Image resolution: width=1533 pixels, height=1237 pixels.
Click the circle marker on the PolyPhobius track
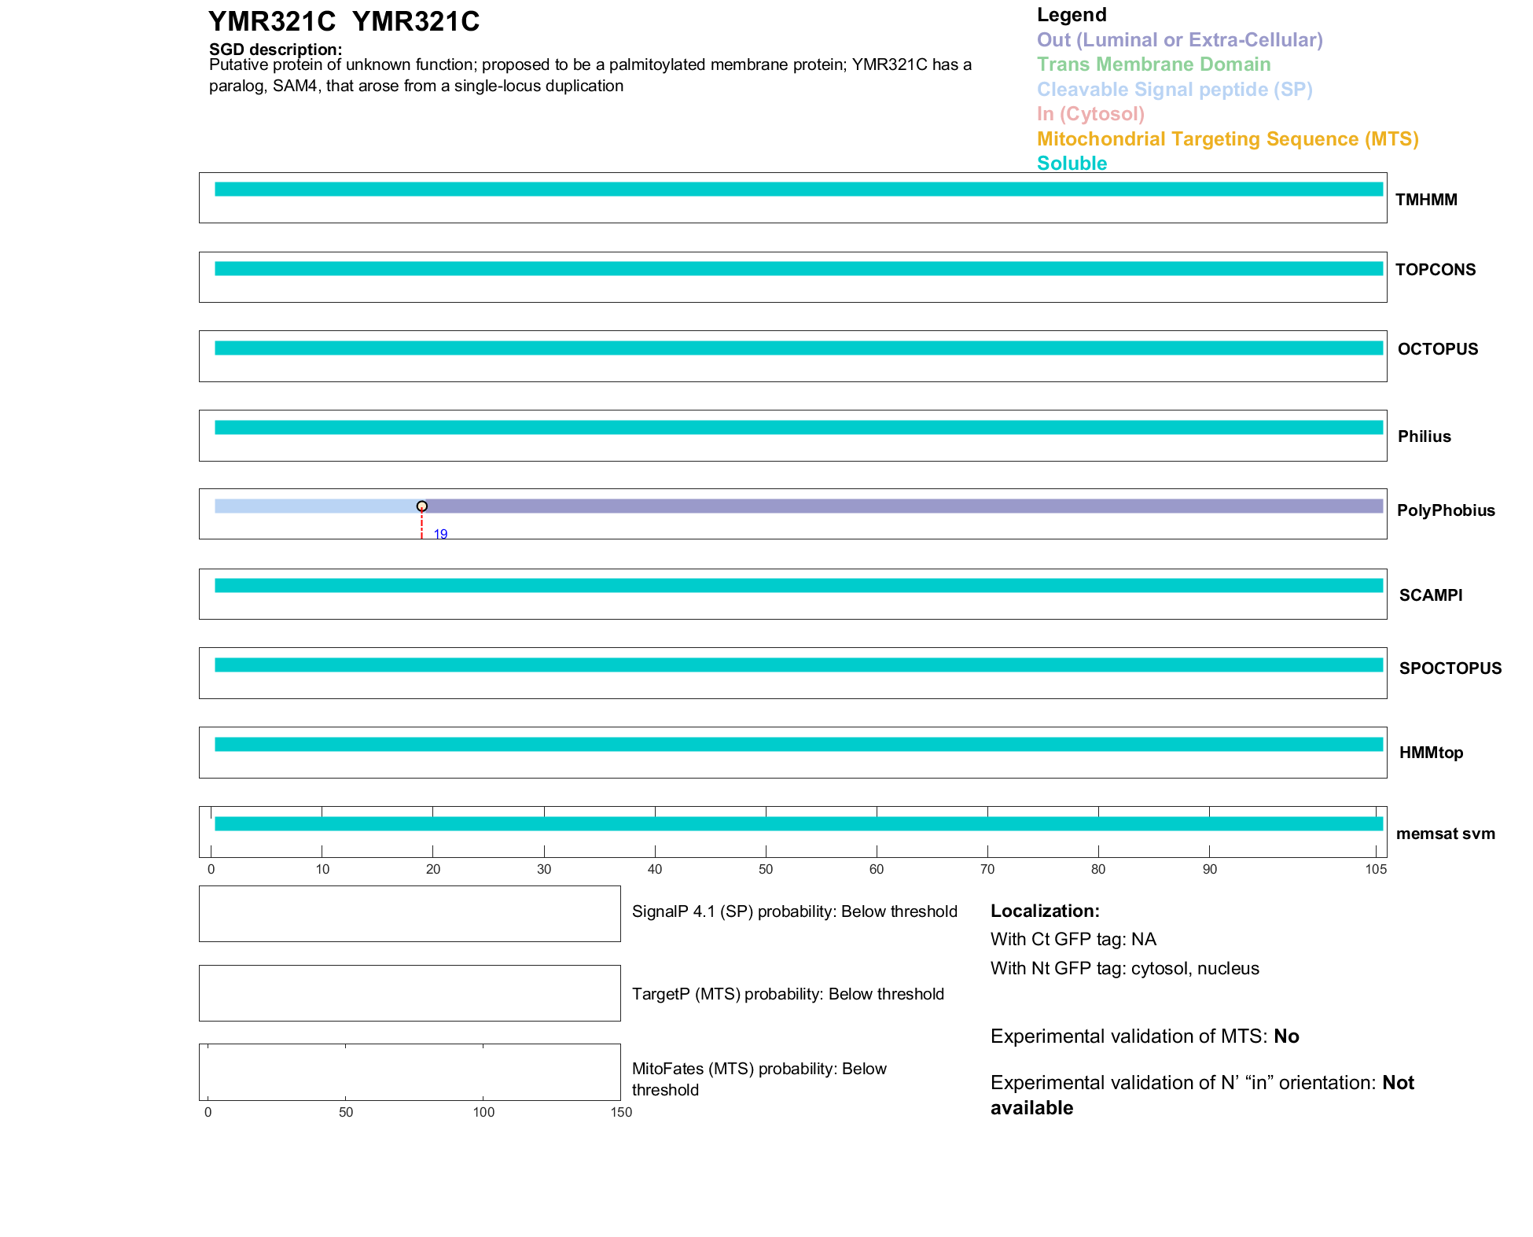point(422,506)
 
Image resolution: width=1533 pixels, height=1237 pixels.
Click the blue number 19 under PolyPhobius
point(440,535)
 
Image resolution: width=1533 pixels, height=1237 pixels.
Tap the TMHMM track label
point(1426,200)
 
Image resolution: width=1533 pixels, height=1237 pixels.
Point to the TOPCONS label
point(1436,270)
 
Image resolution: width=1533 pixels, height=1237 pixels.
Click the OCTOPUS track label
point(1438,349)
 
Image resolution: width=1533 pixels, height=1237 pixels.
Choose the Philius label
point(1425,436)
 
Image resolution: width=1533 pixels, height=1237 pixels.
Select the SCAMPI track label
point(1431,595)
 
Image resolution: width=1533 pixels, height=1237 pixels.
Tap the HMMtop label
point(1431,753)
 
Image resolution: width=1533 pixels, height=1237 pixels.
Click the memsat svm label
point(1446,834)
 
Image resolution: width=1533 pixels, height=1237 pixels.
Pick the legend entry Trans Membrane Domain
point(1153,64)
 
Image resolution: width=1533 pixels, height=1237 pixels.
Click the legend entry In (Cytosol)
point(1090,114)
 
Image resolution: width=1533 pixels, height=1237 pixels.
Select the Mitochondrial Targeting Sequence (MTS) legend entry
point(1227,139)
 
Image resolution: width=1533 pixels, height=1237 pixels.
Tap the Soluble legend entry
point(1072,164)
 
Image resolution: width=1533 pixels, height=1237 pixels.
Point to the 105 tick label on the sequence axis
point(1376,869)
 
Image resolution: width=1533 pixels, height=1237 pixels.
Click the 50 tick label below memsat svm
point(766,869)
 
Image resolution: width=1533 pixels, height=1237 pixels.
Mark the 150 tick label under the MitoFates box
point(621,1112)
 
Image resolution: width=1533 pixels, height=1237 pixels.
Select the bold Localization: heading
point(1045,911)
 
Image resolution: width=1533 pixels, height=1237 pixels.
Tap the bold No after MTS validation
point(1286,1036)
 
